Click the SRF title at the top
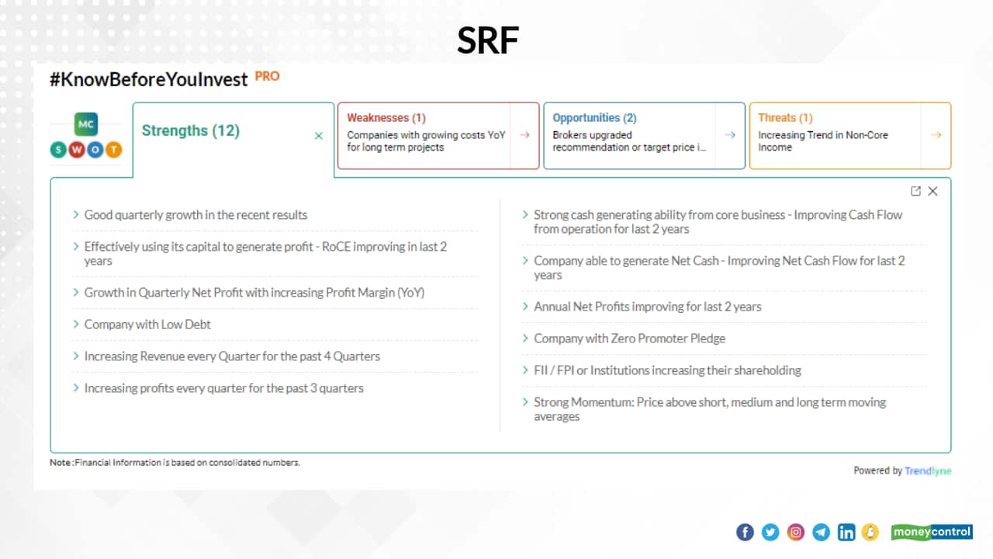pyautogui.click(x=487, y=41)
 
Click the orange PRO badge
pyautogui.click(x=267, y=76)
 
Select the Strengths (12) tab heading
pyautogui.click(x=190, y=130)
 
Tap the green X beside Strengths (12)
pyautogui.click(x=318, y=136)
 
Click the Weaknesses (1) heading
pyautogui.click(x=386, y=118)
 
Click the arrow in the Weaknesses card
pyautogui.click(x=524, y=135)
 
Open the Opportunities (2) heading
pyautogui.click(x=594, y=118)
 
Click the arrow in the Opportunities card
pyautogui.click(x=730, y=135)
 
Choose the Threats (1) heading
pyautogui.click(x=785, y=118)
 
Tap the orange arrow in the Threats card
pyautogui.click(x=936, y=135)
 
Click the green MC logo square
pyautogui.click(x=86, y=124)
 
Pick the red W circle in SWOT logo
pyautogui.click(x=76, y=149)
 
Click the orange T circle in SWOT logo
pyautogui.click(x=113, y=149)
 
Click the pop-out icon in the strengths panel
pyautogui.click(x=915, y=191)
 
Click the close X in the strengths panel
pyautogui.click(x=932, y=191)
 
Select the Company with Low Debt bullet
pyautogui.click(x=147, y=325)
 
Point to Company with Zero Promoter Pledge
pyautogui.click(x=629, y=339)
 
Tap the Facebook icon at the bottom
pyautogui.click(x=744, y=532)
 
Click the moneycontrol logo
pyautogui.click(x=931, y=532)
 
